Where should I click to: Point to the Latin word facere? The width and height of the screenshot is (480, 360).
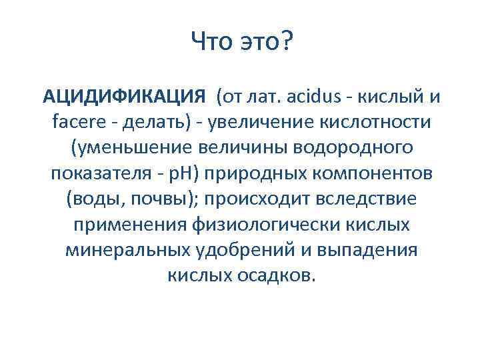coord(75,123)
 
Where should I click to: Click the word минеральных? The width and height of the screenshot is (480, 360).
coord(118,250)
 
